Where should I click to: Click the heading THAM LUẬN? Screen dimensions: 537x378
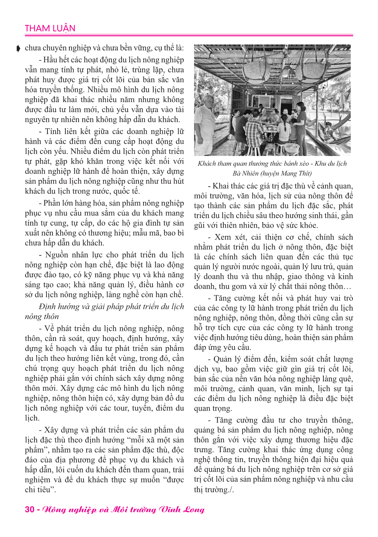click(50, 28)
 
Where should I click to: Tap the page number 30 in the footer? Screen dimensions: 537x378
click(29, 509)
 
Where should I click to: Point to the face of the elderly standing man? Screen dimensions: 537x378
click(209, 102)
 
